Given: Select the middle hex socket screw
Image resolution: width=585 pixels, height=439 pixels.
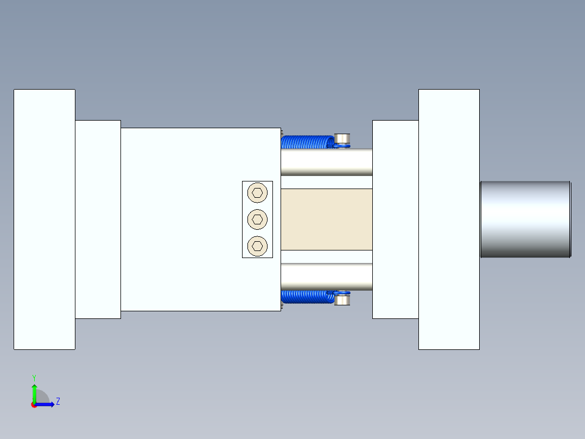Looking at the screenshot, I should point(257,219).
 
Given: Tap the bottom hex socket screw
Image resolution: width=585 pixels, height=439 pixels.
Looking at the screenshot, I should point(257,246).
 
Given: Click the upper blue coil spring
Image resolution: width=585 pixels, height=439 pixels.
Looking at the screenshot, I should point(307,142).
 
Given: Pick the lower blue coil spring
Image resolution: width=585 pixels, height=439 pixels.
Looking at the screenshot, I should point(307,297).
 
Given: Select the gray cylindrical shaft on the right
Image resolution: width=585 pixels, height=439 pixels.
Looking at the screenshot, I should point(525,219).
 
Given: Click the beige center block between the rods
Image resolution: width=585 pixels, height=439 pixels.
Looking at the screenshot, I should point(326,219).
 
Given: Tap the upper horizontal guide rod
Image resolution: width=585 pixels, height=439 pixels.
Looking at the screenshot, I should point(326,162).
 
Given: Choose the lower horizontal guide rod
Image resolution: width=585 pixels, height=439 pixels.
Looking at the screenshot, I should point(326,277).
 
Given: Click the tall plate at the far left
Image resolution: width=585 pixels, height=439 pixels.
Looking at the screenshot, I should point(44,219).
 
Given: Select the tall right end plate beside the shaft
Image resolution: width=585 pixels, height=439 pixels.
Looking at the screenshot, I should point(449,219).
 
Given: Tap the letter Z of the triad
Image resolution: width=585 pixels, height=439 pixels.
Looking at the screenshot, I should point(58,402).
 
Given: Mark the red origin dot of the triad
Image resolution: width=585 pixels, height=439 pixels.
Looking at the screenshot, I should point(34,405).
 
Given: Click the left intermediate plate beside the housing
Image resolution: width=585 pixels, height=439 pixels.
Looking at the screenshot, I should point(98,219).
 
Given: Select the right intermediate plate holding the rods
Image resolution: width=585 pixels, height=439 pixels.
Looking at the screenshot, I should point(395,219).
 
